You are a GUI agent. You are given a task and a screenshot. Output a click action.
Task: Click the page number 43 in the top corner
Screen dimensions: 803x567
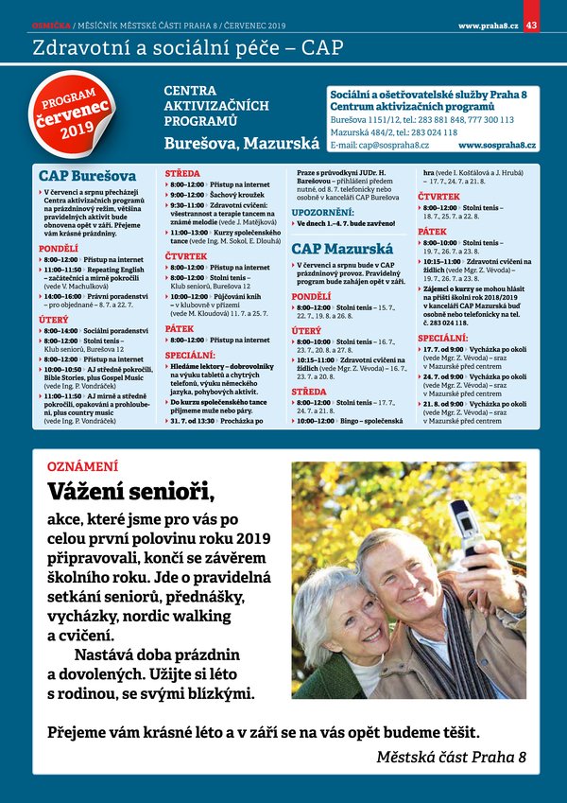[531, 25]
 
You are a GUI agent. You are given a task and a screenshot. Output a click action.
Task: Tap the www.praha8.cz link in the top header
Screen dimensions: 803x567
[488, 25]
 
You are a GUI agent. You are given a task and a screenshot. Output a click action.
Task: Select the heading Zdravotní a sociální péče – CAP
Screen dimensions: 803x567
[187, 47]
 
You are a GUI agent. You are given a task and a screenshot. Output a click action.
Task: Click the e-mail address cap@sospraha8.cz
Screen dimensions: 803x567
[379, 146]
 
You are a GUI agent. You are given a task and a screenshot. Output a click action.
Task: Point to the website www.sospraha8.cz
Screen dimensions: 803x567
[497, 146]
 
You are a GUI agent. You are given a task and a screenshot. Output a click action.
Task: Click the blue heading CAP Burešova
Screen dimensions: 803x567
[87, 176]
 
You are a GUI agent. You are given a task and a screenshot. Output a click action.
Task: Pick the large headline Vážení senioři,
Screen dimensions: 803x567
[131, 493]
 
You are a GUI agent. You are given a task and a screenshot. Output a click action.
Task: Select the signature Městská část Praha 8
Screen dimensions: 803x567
[451, 757]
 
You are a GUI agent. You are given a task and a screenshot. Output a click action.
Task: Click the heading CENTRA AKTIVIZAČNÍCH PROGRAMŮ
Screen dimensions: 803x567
[216, 106]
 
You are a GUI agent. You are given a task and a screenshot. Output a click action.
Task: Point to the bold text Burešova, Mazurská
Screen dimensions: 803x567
[241, 145]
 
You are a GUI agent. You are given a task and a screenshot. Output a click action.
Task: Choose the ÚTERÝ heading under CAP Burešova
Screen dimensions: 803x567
[53, 320]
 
